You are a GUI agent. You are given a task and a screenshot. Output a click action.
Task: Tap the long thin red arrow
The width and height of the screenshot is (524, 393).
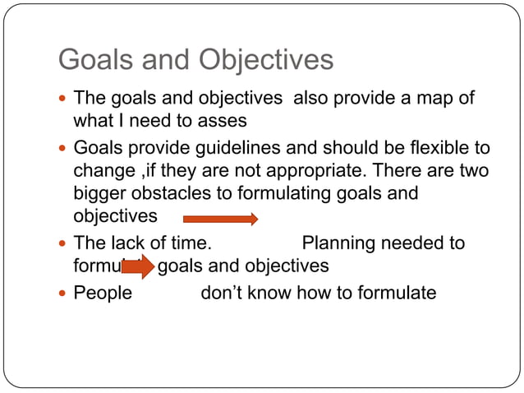220,219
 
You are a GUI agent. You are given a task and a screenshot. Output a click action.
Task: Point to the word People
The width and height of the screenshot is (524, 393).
103,292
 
